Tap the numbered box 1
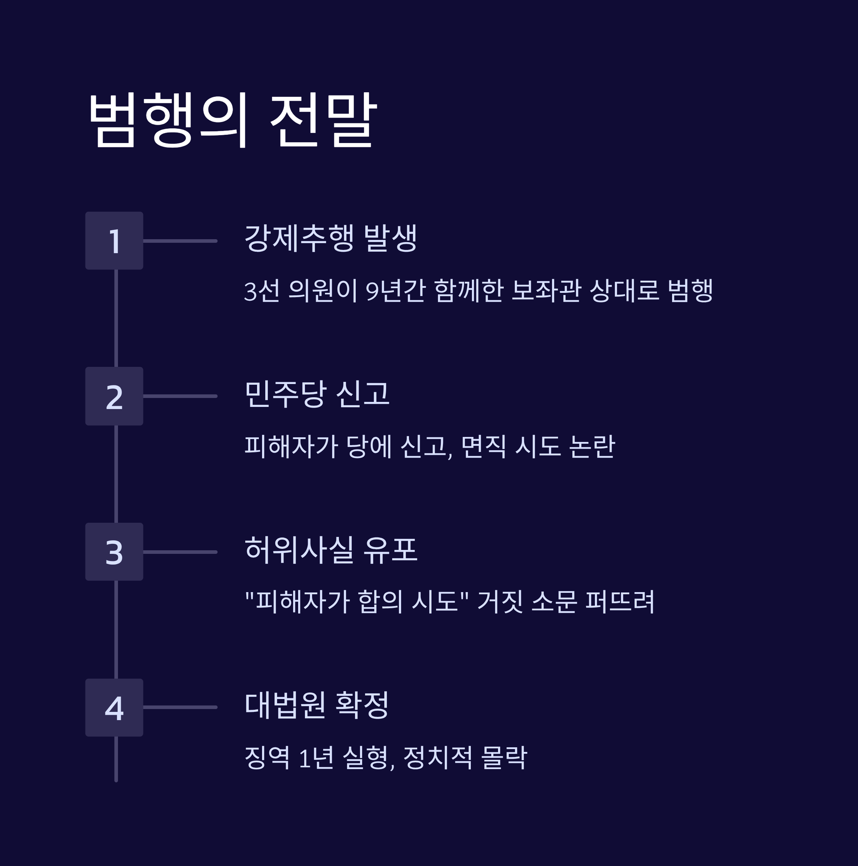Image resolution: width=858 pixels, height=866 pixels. click(x=114, y=241)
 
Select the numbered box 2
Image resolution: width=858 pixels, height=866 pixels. click(x=114, y=396)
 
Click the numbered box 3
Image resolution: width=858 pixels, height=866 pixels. click(x=114, y=552)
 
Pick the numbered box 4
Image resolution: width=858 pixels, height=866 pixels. click(x=114, y=707)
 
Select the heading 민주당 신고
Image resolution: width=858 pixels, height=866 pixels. click(x=317, y=394)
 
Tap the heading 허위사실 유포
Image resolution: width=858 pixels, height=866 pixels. click(x=331, y=550)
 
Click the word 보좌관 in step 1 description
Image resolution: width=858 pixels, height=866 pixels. click(x=546, y=290)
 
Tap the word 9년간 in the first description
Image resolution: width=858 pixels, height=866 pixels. click(x=395, y=290)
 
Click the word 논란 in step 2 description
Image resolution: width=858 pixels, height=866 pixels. click(x=592, y=447)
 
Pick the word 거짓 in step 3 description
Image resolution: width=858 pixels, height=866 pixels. click(x=500, y=601)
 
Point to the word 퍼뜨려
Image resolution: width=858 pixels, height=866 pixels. click(x=620, y=601)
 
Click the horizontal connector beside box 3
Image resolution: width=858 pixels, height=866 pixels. click(x=180, y=552)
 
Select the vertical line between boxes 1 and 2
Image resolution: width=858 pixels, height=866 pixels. click(x=116, y=318)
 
